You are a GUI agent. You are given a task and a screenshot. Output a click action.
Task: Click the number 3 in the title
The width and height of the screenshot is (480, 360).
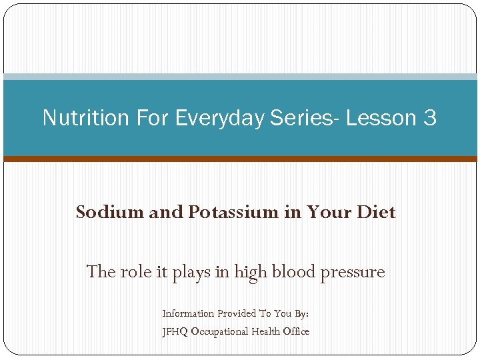tap(429, 118)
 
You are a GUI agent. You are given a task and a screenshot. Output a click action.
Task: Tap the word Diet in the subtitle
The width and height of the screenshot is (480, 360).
tap(376, 212)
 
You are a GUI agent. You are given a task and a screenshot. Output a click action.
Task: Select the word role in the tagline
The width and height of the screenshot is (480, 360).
tap(137, 272)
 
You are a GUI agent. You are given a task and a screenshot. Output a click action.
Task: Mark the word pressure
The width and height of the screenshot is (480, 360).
tap(354, 273)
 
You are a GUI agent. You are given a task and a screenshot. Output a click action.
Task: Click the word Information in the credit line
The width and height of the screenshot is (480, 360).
tap(188, 313)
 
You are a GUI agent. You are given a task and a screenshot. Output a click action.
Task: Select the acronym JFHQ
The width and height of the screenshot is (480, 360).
tap(175, 331)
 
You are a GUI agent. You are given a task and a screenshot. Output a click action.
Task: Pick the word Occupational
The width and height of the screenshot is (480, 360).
tap(220, 331)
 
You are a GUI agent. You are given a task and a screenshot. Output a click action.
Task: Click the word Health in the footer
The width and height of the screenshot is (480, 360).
tap(266, 331)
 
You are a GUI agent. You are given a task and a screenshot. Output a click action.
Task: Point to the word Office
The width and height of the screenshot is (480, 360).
tap(297, 331)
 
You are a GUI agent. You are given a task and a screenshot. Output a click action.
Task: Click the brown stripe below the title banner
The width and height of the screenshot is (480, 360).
tap(240, 159)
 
